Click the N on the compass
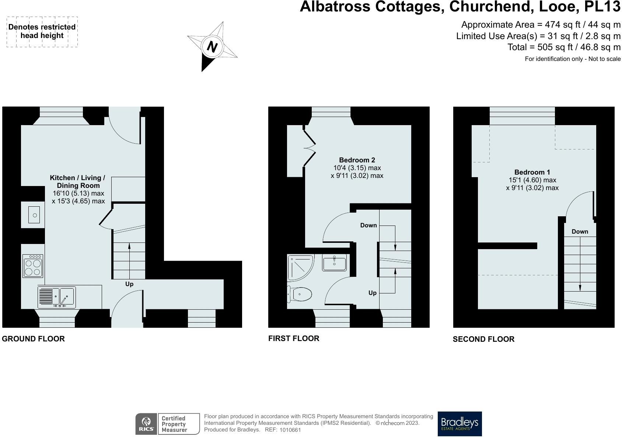tap(212, 47)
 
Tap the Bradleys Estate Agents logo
tap(459, 424)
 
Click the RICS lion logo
tap(146, 424)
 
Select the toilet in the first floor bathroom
tap(300, 294)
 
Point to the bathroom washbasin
tap(334, 262)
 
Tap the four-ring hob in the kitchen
tap(33, 266)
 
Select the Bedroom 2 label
tap(357, 160)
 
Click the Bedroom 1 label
tap(532, 172)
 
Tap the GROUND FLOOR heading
tap(33, 339)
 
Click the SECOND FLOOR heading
tap(483, 339)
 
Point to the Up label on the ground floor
tap(129, 284)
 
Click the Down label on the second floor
tap(580, 231)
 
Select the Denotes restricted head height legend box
tap(42, 31)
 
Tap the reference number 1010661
tap(290, 430)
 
